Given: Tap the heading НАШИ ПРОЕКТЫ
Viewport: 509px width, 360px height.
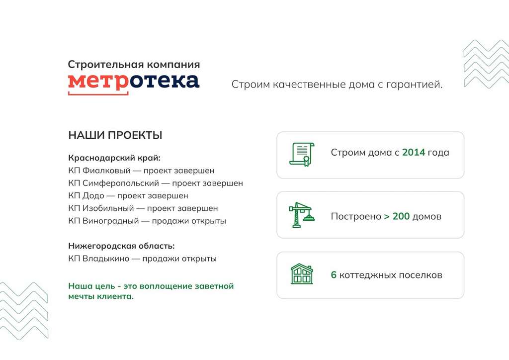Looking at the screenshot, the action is pos(115,135).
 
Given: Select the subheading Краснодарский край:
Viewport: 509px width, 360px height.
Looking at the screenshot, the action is pos(114,158).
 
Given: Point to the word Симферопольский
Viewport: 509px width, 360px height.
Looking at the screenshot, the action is pos(121,183).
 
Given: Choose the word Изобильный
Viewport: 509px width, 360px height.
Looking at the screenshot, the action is pos(108,208).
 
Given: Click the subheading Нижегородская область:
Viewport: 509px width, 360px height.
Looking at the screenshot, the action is pos(121,246).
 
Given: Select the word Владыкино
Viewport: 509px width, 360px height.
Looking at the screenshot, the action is pos(106,259).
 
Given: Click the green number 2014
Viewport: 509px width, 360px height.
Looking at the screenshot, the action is pos(414,152).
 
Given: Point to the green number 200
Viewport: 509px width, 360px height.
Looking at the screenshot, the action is pos(401,216).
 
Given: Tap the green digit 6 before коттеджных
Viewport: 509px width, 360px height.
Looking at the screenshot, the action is pos(334,275).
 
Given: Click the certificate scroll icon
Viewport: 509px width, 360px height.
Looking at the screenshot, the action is pos(302,154).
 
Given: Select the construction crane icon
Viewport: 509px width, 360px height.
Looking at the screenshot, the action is pos(302,215).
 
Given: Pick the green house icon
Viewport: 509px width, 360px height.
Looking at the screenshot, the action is pos(302,274).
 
